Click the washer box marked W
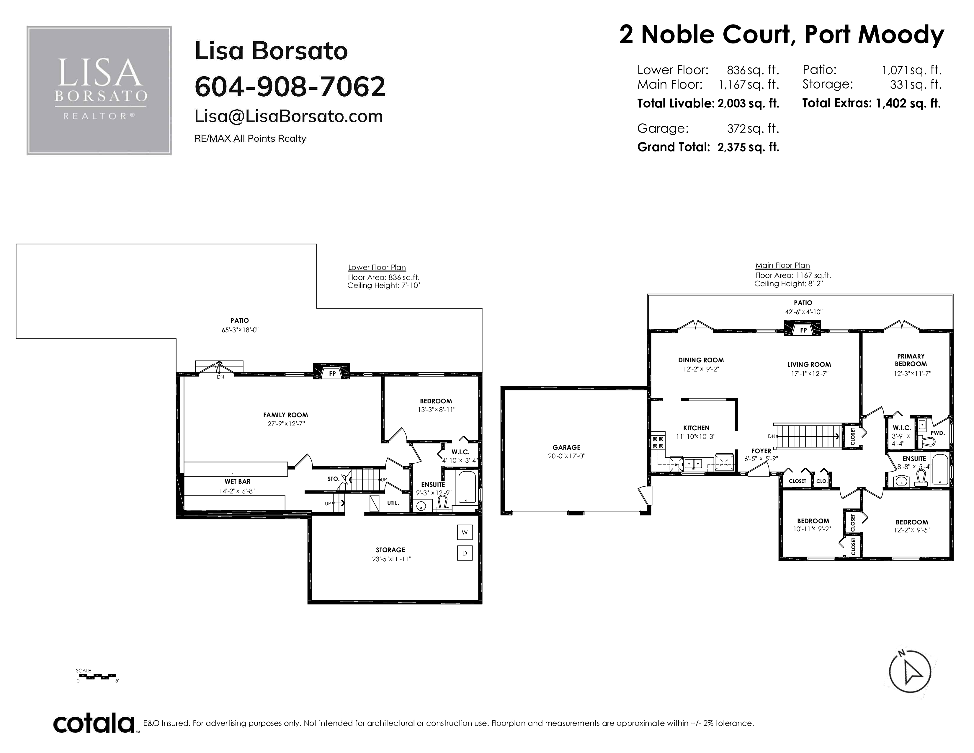464,532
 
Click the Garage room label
566,447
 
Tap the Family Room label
285,415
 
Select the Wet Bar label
237,481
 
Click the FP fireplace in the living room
803,330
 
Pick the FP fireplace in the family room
332,373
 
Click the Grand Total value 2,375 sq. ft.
748,147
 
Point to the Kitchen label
696,428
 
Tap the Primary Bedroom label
911,360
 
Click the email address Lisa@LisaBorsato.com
289,116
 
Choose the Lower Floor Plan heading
377,268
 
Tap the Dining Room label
701,360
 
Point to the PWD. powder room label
937,433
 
